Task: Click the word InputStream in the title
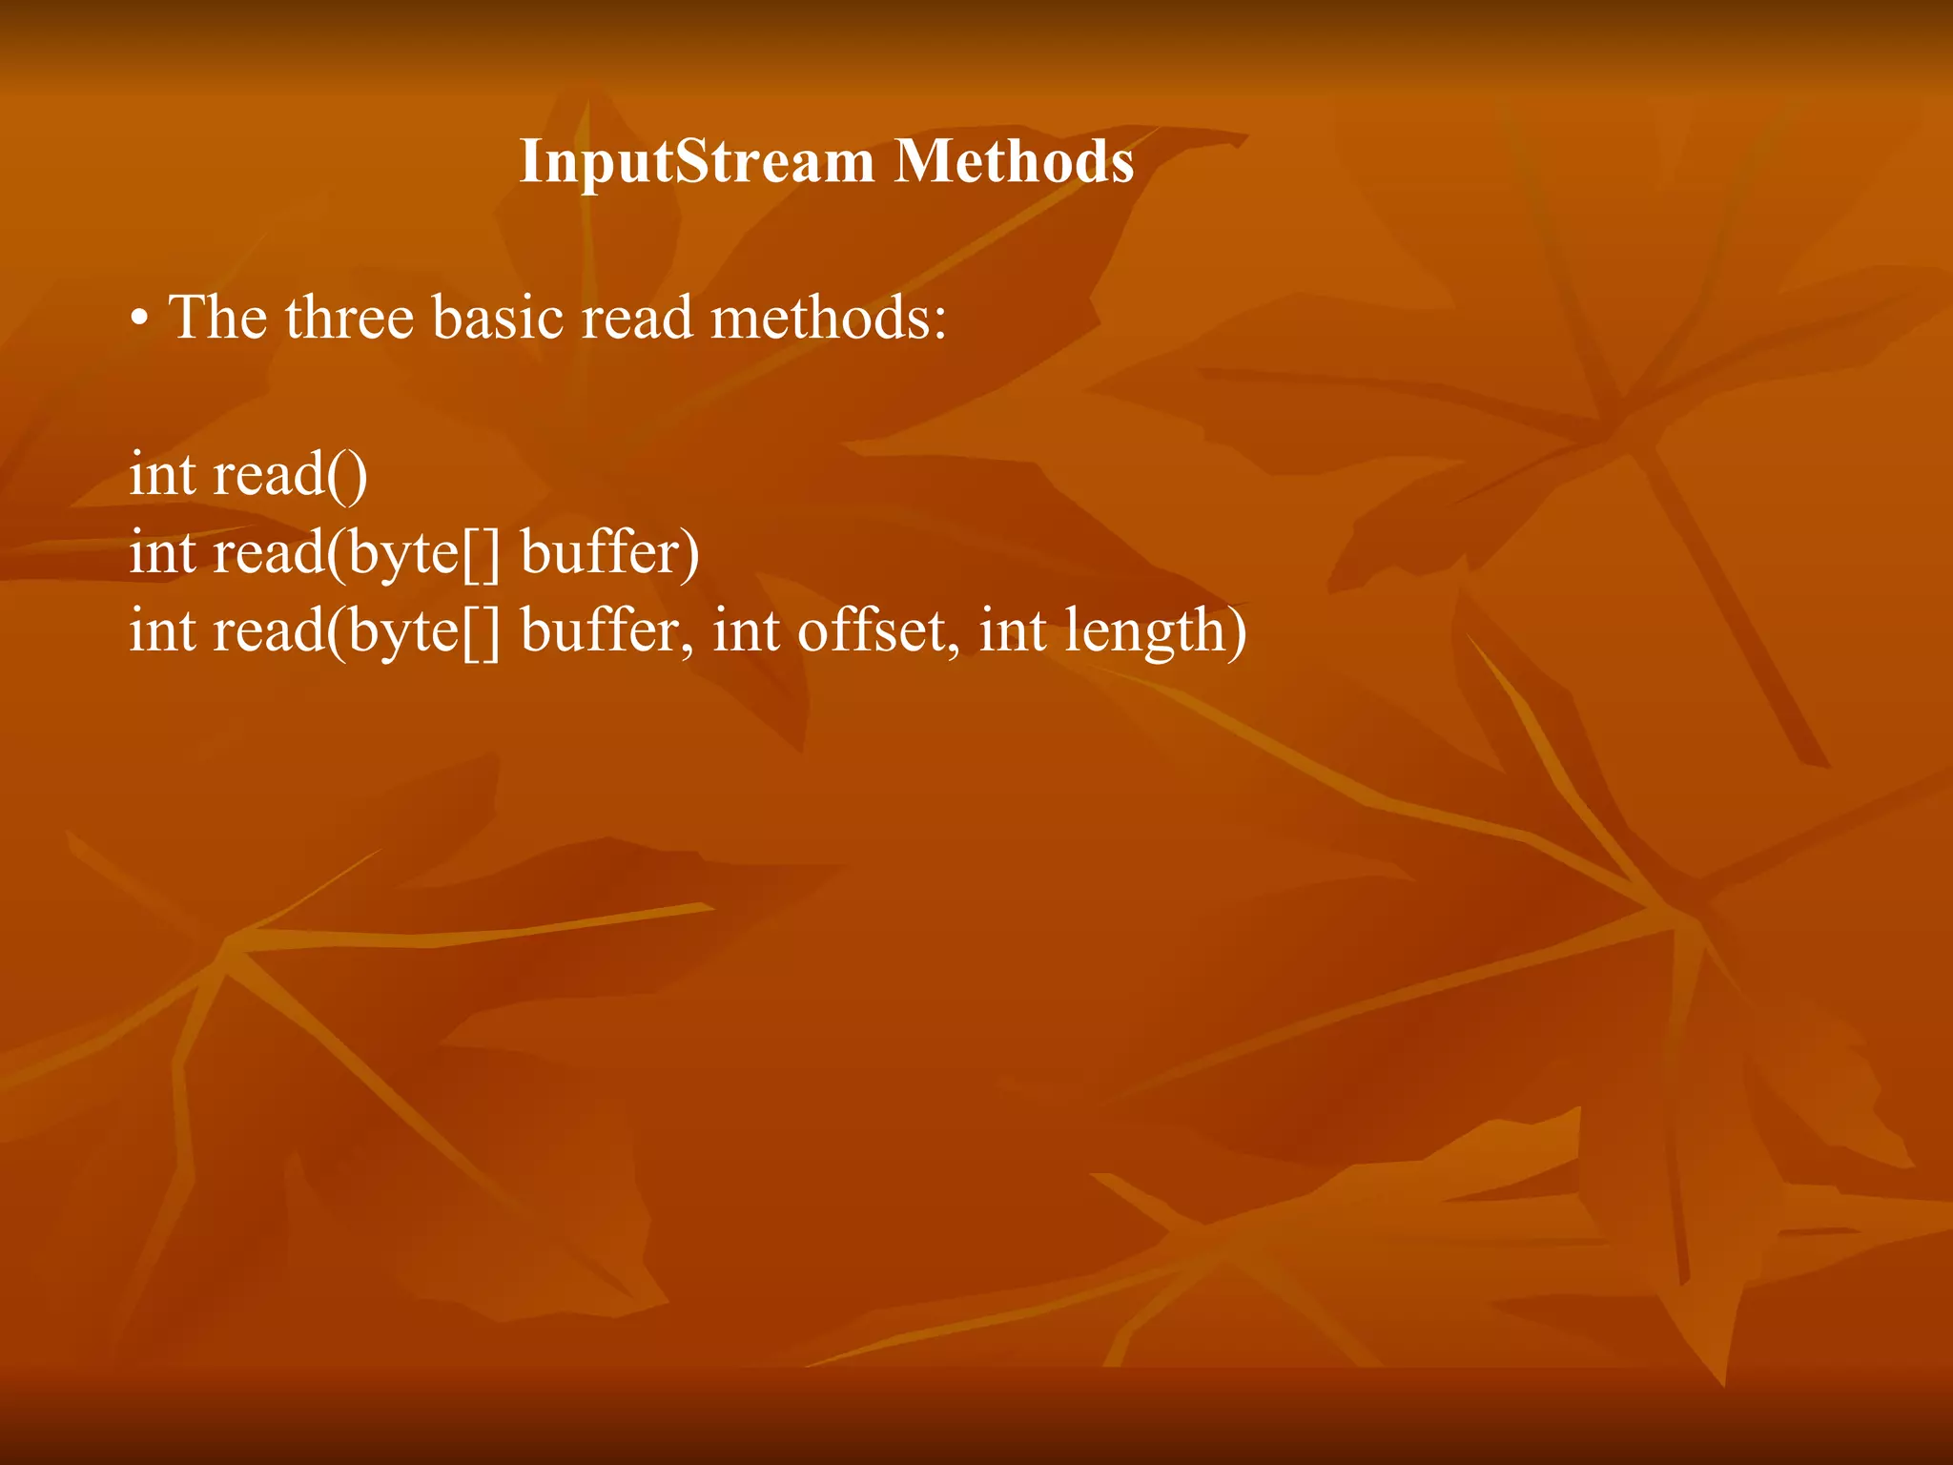[x=695, y=162]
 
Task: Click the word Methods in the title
[x=1015, y=162]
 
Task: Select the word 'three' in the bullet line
[x=349, y=318]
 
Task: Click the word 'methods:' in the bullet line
[x=829, y=318]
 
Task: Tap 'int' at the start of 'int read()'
[x=162, y=475]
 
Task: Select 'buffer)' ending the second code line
[x=610, y=553]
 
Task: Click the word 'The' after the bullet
[x=217, y=318]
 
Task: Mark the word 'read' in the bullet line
[x=637, y=318]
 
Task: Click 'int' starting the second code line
[x=162, y=553]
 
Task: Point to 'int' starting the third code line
[x=162, y=631]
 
